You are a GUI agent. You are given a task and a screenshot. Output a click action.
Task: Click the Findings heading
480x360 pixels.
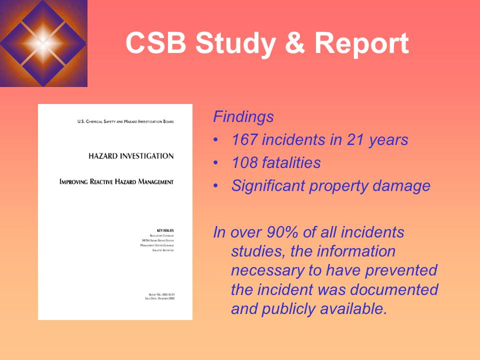pos(243,117)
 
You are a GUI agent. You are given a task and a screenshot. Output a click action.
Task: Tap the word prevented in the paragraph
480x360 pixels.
pos(403,270)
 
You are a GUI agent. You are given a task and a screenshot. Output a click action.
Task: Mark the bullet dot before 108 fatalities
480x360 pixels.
pos(215,163)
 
